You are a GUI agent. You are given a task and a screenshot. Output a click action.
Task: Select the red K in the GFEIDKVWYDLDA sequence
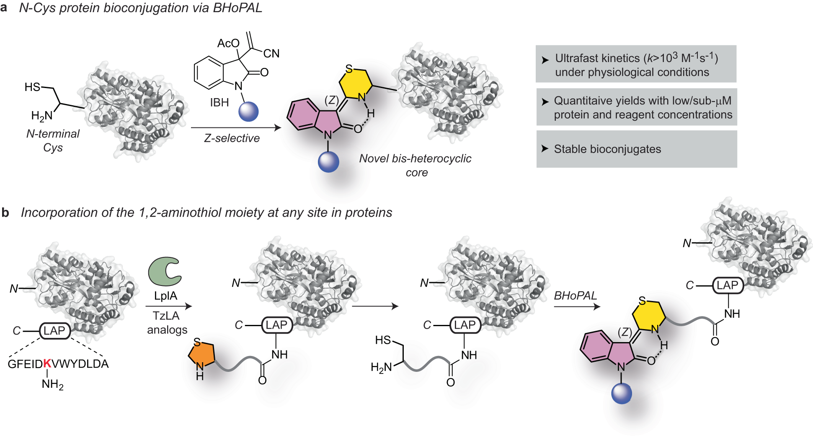[47, 363]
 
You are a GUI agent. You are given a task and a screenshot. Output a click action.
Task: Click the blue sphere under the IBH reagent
[248, 112]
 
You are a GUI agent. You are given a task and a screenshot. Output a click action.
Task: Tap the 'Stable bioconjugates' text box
[637, 149]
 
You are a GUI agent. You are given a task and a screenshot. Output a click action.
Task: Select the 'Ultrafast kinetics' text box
[636, 64]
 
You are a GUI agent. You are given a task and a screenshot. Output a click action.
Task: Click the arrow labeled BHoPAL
[577, 306]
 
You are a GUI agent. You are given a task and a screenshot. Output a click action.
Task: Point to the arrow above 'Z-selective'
[236, 127]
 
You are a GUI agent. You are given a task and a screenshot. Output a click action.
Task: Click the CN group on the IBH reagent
[271, 53]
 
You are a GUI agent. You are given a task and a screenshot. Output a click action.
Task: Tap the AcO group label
[228, 43]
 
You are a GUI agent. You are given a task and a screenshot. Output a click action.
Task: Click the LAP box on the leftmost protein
[55, 331]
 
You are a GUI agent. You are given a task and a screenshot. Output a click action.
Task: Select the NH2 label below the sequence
[52, 384]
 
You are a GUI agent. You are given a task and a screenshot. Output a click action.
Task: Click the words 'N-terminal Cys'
[53, 140]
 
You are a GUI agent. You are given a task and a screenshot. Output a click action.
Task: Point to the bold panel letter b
[5, 213]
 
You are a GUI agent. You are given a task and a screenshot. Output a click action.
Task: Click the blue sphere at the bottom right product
[622, 394]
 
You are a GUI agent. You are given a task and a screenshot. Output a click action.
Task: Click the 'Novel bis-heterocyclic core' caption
[415, 165]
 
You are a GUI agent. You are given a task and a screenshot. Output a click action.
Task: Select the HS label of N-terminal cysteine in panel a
[32, 87]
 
